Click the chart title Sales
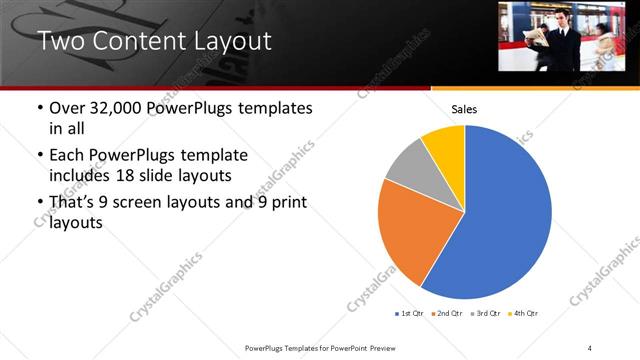point(464,108)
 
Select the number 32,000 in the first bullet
point(117,108)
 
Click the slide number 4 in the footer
point(589,347)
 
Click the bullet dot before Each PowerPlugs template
point(39,156)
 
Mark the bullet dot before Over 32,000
point(39,108)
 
